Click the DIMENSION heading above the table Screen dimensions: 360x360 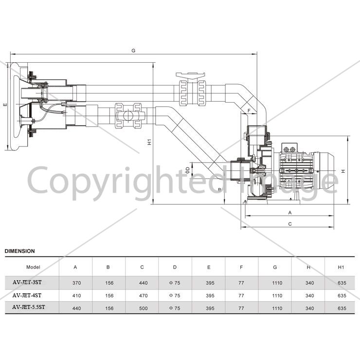pos(20,251)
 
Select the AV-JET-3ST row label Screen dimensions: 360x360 pos(27,282)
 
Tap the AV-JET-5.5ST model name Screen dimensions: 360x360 pos(29,307)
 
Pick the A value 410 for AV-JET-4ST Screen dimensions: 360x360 pos(76,295)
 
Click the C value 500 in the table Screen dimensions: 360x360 pos(143,308)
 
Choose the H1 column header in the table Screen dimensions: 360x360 pos(341,267)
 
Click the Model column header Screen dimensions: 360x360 pos(33,267)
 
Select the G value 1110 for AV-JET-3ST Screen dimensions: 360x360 pos(277,283)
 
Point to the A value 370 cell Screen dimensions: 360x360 pos(76,283)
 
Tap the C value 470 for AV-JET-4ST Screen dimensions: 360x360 pos(143,295)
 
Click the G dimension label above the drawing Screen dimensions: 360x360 pos(133,51)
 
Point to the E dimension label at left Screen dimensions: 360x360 pos(5,105)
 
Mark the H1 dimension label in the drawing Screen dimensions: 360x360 pos(149,142)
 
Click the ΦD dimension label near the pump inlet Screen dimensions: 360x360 pos(188,170)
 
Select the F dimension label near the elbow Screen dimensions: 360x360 pos(249,110)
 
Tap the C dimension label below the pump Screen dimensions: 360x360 pos(290,224)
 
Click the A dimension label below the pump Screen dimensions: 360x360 pos(290,213)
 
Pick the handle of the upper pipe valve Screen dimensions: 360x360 pos(190,75)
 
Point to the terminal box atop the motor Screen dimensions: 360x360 pos(289,148)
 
